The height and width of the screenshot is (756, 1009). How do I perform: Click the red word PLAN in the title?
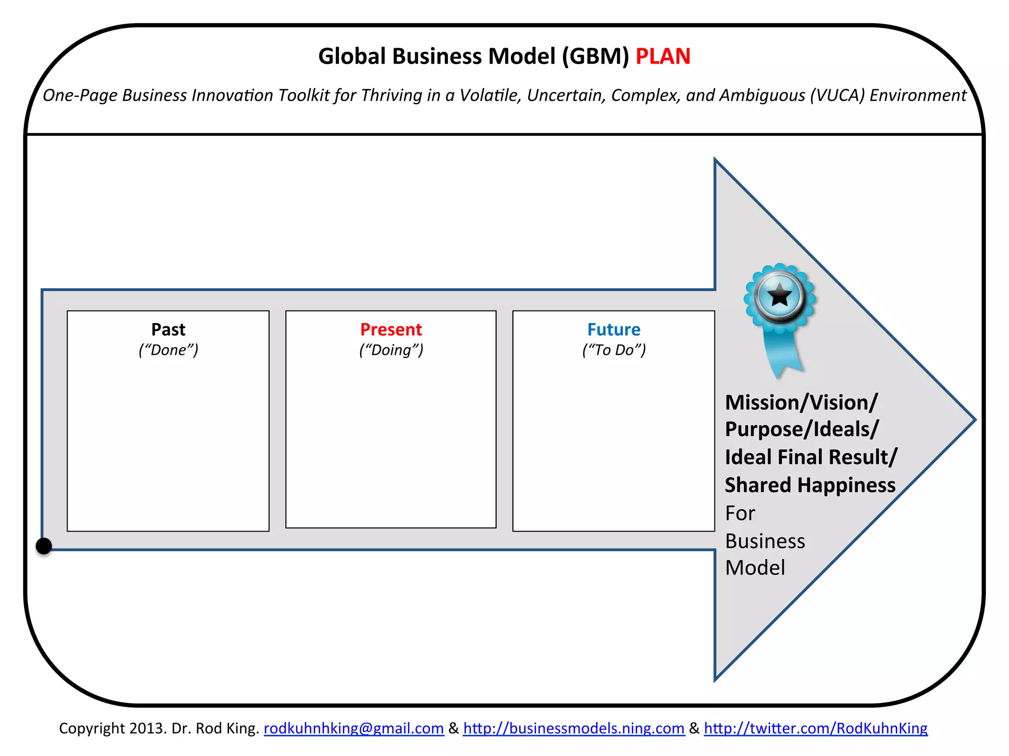663,57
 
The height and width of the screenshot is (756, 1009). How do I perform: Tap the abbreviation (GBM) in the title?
596,57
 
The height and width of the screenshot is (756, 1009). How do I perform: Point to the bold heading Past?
168,329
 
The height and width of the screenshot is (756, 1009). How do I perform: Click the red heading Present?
391,329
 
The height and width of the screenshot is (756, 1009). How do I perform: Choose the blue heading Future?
613,329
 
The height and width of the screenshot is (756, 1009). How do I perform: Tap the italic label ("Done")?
168,350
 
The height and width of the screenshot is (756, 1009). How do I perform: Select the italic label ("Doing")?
391,350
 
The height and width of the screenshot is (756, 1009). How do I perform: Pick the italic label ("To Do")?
613,350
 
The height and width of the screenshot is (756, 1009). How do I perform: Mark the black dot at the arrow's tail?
44,546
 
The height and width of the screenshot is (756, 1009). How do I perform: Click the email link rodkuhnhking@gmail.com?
354,728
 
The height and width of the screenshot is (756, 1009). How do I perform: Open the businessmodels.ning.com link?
574,728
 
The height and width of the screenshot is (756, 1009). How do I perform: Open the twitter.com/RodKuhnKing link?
815,728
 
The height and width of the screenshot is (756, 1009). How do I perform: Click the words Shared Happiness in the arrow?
810,485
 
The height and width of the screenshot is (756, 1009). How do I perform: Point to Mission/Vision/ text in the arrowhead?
801,403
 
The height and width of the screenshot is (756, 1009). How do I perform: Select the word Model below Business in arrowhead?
755,568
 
